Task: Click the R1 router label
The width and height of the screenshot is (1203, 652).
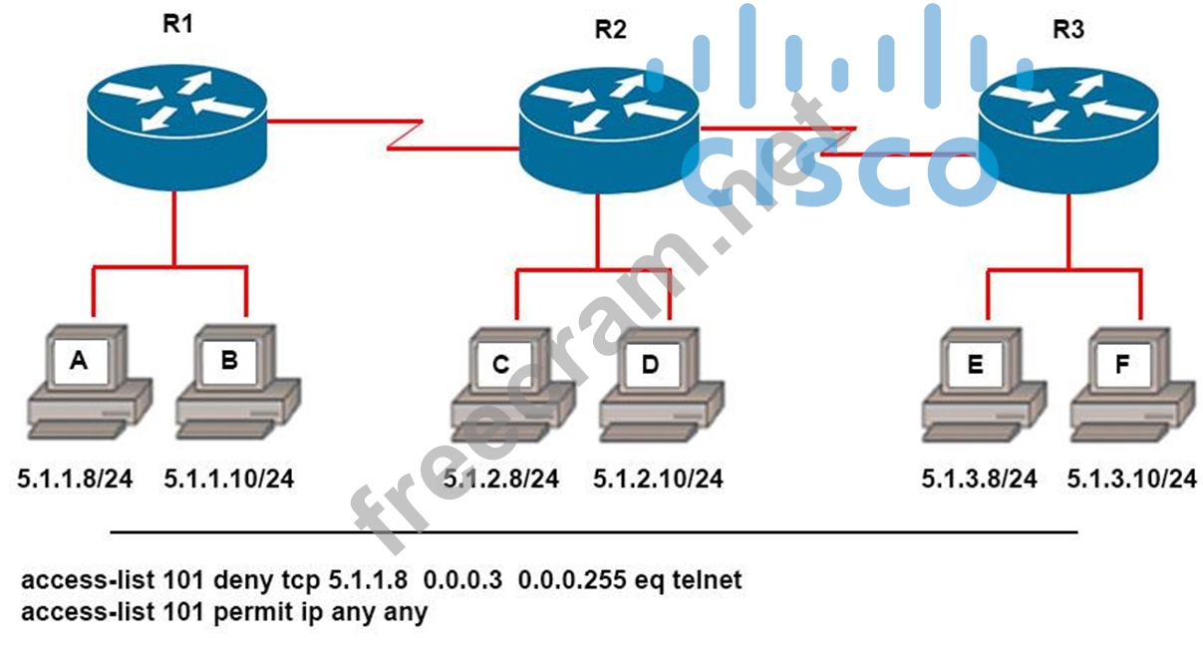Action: click(x=177, y=24)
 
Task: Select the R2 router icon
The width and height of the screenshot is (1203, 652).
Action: click(x=609, y=130)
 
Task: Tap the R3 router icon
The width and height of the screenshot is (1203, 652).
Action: click(x=1068, y=130)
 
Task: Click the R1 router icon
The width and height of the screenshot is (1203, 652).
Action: click(x=176, y=128)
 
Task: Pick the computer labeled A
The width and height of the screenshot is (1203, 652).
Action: click(x=90, y=382)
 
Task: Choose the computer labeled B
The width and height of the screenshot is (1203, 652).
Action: click(x=238, y=382)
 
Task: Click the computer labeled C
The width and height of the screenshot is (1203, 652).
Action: click(x=513, y=385)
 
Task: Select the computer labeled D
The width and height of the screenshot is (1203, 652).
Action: click(x=662, y=385)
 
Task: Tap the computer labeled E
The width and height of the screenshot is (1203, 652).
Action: click(x=984, y=385)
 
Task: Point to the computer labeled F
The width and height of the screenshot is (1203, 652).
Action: click(x=1132, y=385)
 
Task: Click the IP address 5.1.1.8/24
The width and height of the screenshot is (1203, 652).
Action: click(x=75, y=479)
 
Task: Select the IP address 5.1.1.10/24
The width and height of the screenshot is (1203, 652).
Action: click(x=229, y=479)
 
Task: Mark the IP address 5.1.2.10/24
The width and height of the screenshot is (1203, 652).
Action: click(x=658, y=479)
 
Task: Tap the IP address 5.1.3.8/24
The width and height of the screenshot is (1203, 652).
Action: click(x=979, y=479)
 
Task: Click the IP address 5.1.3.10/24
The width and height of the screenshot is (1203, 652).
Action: click(x=1132, y=479)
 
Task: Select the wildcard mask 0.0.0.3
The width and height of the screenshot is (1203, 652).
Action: click(x=462, y=580)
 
